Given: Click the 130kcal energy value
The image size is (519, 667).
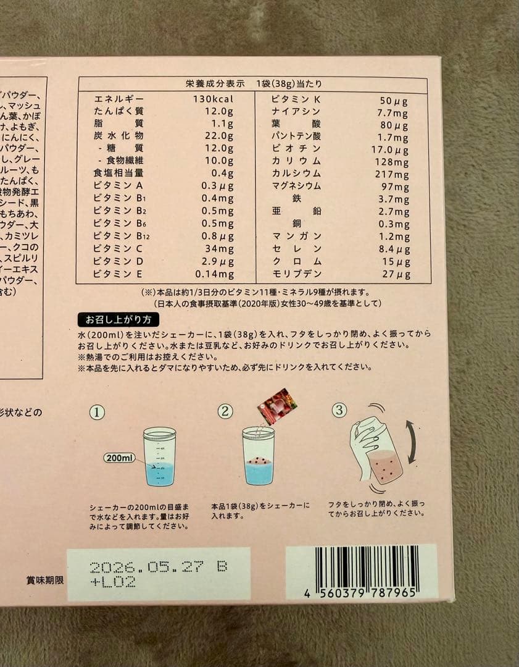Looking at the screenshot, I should click(214, 99).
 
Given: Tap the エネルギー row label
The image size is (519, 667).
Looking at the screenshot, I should click(118, 99).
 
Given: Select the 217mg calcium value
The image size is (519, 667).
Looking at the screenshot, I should click(392, 174).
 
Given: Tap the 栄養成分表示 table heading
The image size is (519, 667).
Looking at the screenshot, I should click(216, 83).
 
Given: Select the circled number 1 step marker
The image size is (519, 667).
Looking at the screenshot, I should click(97, 413).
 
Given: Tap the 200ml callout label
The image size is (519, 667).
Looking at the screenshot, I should click(119, 458).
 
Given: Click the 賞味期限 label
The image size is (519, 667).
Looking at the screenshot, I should click(45, 581).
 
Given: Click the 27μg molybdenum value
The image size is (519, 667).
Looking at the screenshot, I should click(395, 275).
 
